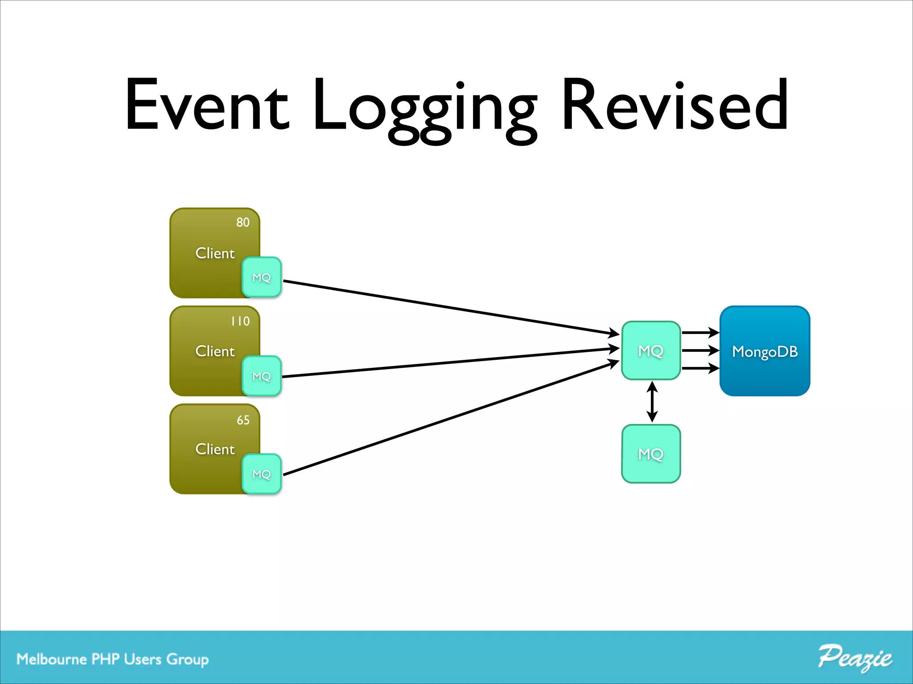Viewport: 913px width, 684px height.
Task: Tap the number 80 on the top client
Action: pos(243,222)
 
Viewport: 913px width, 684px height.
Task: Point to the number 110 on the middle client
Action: pos(240,321)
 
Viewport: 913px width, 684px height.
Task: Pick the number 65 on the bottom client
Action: pos(243,420)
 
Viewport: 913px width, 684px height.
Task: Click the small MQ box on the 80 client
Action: pos(262,277)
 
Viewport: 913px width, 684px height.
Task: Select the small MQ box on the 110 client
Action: pos(262,376)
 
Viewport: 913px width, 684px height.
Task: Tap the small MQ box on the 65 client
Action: pos(262,474)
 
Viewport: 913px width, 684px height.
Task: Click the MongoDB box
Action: pos(765,351)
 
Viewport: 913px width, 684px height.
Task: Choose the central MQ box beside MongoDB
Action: pos(651,350)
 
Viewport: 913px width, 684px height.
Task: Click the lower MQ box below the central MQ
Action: pos(651,454)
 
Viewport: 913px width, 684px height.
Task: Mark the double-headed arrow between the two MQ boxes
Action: pos(652,402)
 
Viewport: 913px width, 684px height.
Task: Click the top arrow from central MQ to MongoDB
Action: pos(700,332)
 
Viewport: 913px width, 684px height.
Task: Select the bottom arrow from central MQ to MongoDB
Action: pos(700,368)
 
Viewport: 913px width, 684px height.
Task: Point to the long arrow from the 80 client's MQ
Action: pos(450,308)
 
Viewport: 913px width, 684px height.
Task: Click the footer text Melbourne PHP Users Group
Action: pos(112,659)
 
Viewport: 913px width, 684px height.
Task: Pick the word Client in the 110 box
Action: pos(215,351)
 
